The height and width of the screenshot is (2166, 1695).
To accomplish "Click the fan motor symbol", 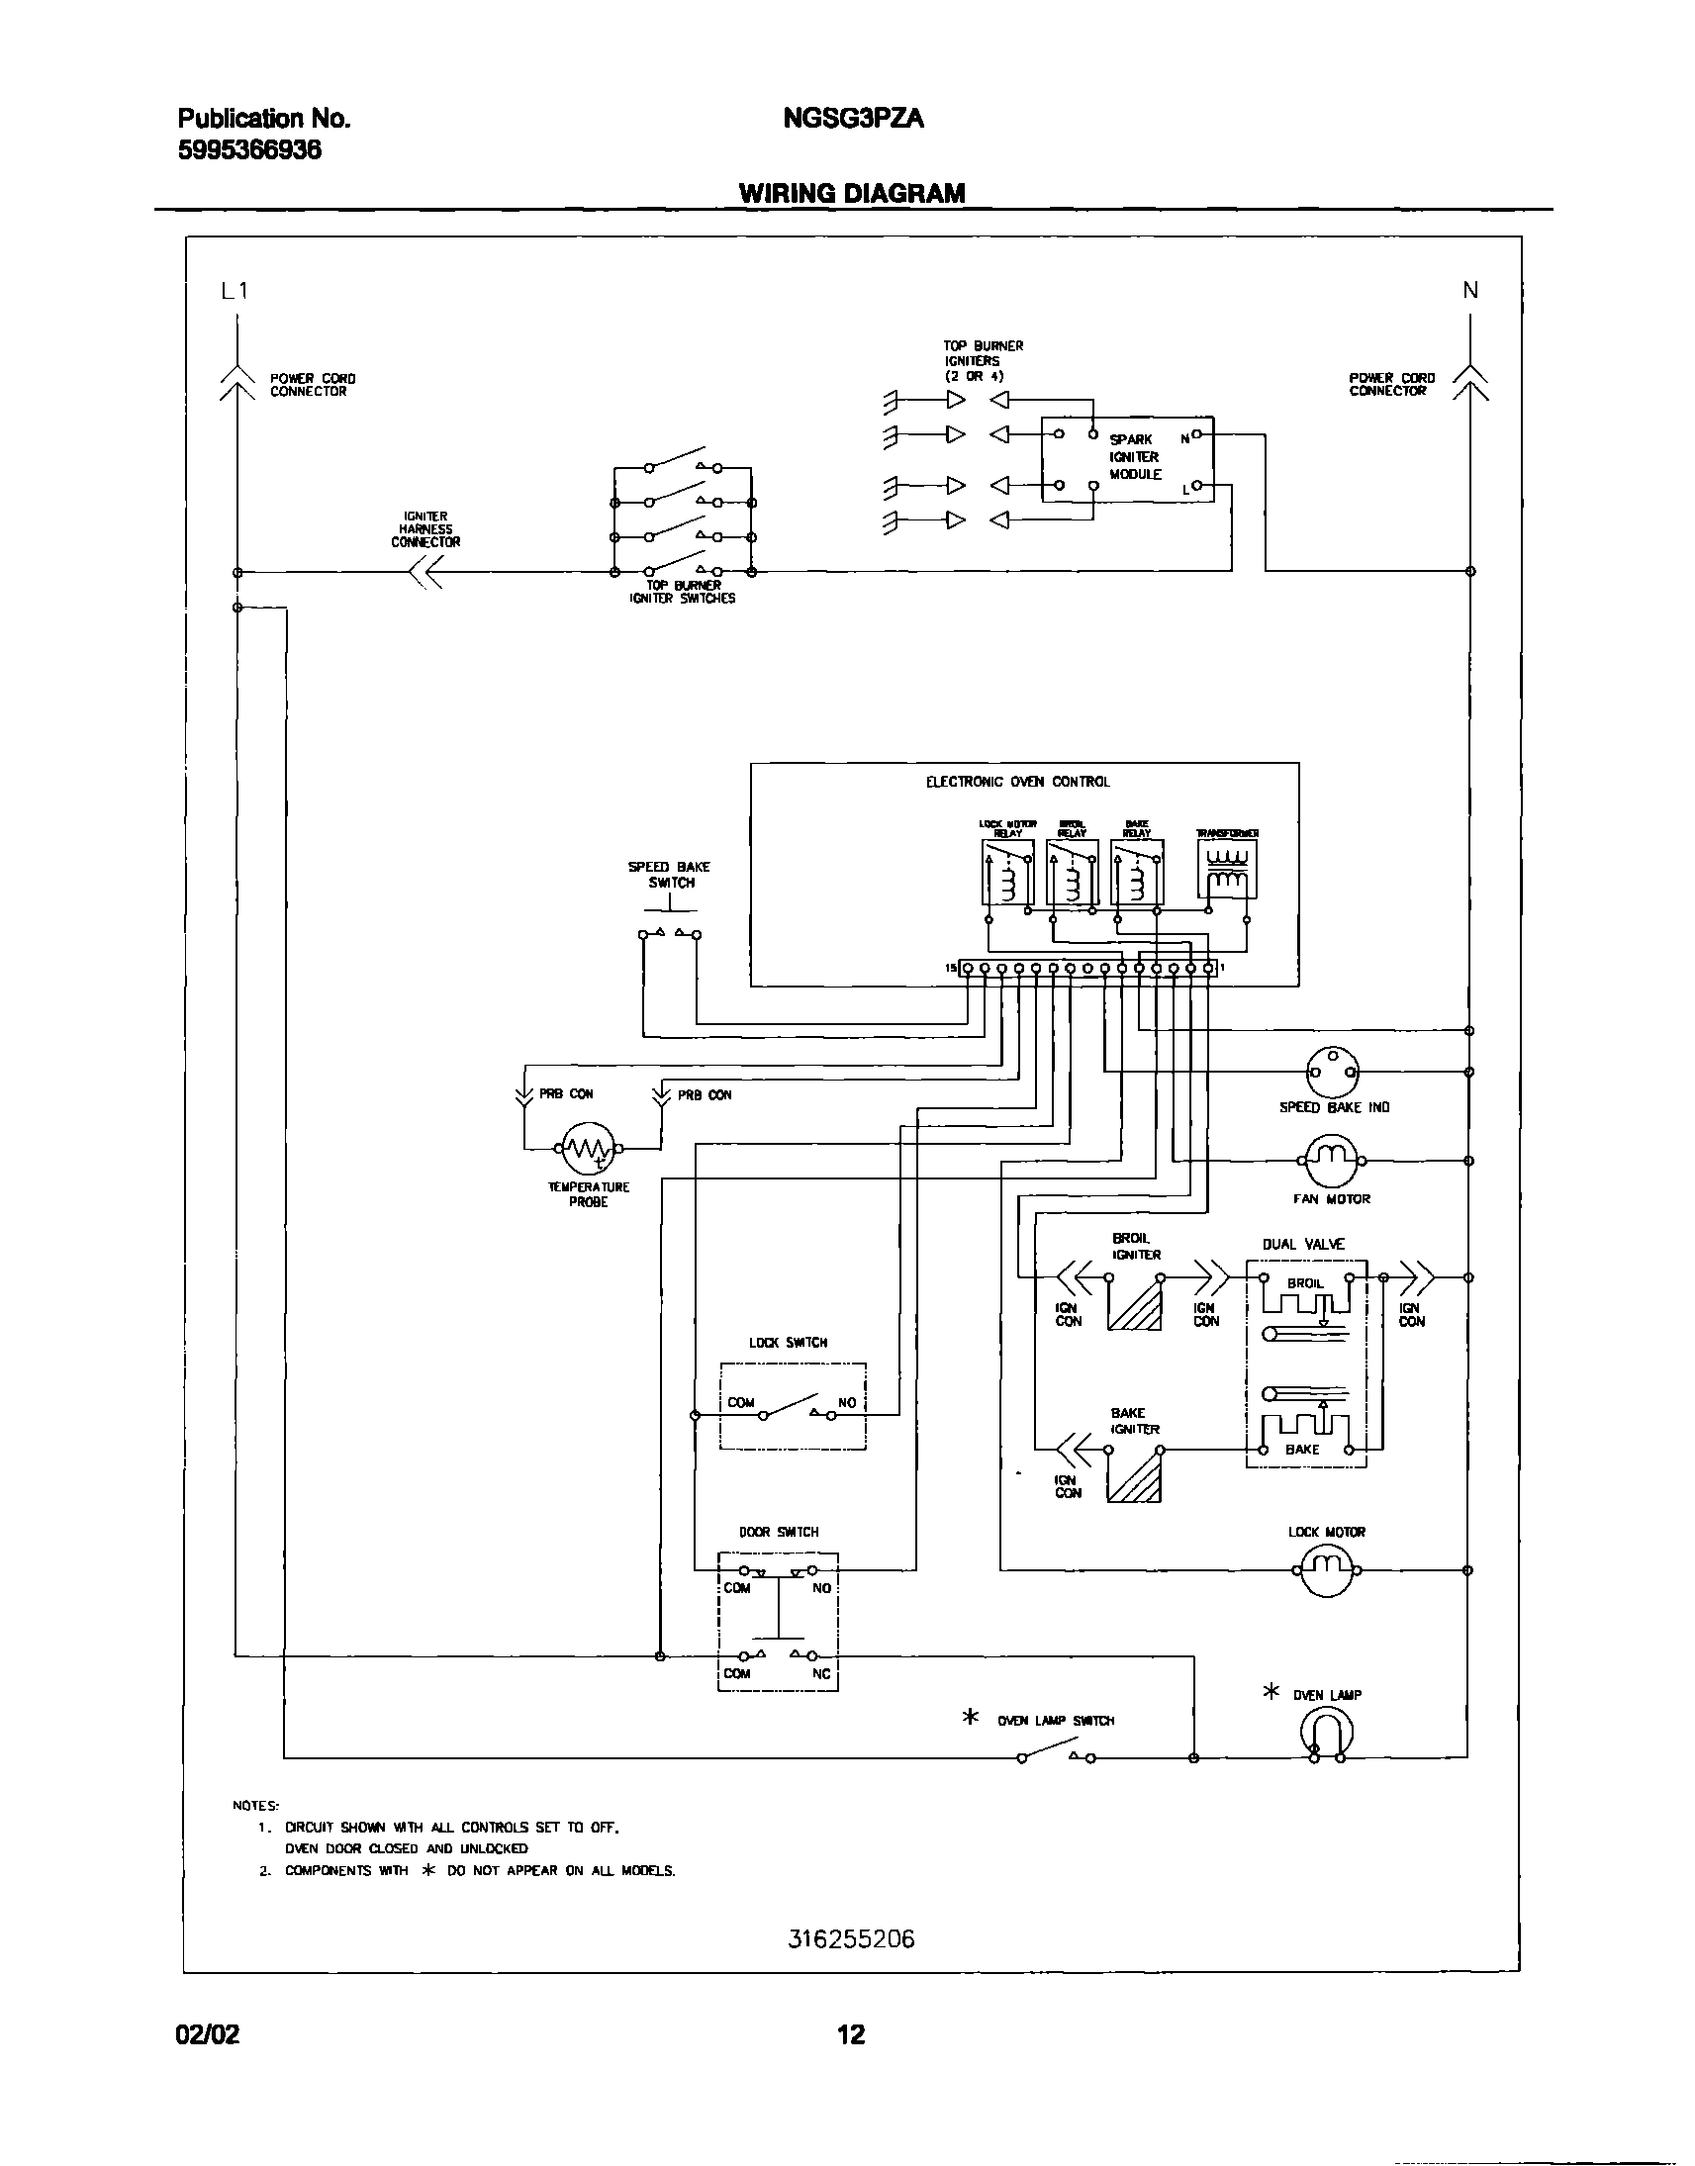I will (x=1330, y=1161).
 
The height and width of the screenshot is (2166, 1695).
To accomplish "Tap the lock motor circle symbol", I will (x=1328, y=1570).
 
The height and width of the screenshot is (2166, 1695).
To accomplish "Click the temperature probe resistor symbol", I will (x=588, y=1149).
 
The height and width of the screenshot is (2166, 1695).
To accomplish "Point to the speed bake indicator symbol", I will (x=1333, y=1072).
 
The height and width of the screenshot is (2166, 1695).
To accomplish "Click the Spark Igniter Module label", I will (x=1134, y=456).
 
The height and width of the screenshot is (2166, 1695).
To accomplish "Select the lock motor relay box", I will (x=1007, y=872).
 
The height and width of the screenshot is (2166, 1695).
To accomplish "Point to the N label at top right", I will (x=1469, y=290).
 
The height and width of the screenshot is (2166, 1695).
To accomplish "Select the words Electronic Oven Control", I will (x=1017, y=782).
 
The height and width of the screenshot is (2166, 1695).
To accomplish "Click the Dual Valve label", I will (x=1303, y=1244).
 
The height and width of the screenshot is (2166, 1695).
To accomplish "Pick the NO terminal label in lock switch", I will (x=846, y=1403).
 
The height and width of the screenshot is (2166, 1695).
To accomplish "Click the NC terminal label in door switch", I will (x=820, y=1674).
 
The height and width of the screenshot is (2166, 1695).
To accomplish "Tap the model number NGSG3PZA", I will (x=854, y=119).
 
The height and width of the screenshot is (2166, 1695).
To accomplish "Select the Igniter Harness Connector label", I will (x=424, y=528).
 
